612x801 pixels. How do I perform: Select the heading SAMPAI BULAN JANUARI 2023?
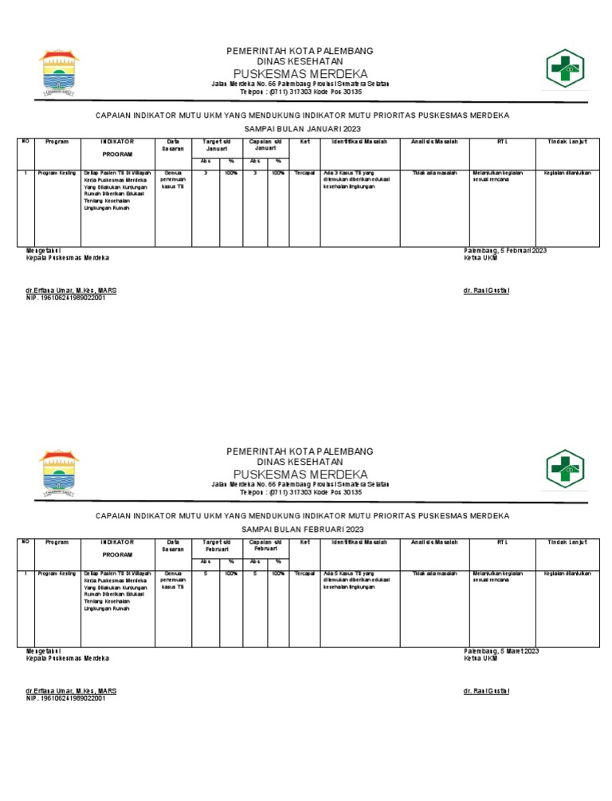(300, 128)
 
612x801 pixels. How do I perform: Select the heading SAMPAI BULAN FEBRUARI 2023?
(300, 529)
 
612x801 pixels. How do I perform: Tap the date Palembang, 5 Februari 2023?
(505, 251)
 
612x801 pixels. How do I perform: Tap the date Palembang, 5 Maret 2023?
(501, 651)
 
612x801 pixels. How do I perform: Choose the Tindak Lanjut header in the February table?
(567, 542)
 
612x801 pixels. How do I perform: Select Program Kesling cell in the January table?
(57, 173)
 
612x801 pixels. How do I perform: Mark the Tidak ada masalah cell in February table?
(434, 573)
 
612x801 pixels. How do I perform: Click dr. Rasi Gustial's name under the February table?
(485, 691)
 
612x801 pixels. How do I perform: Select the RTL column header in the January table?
(501, 142)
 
